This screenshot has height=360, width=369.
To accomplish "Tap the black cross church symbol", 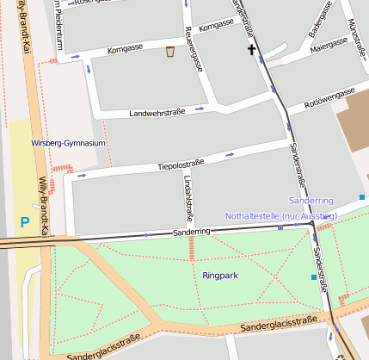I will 252,51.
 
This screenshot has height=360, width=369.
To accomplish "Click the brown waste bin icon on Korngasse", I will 170,52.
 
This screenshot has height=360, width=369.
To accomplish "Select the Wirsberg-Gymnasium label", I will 68,143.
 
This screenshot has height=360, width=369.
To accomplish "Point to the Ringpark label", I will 220,276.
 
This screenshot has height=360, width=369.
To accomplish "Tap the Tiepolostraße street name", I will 181,164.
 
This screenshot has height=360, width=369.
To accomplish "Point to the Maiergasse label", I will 329,48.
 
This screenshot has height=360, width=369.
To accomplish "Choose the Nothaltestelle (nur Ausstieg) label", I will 280,214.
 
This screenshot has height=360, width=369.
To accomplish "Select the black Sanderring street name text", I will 191,233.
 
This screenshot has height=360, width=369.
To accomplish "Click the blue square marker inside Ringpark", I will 313,276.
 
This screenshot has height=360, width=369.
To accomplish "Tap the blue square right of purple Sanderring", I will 362,197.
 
